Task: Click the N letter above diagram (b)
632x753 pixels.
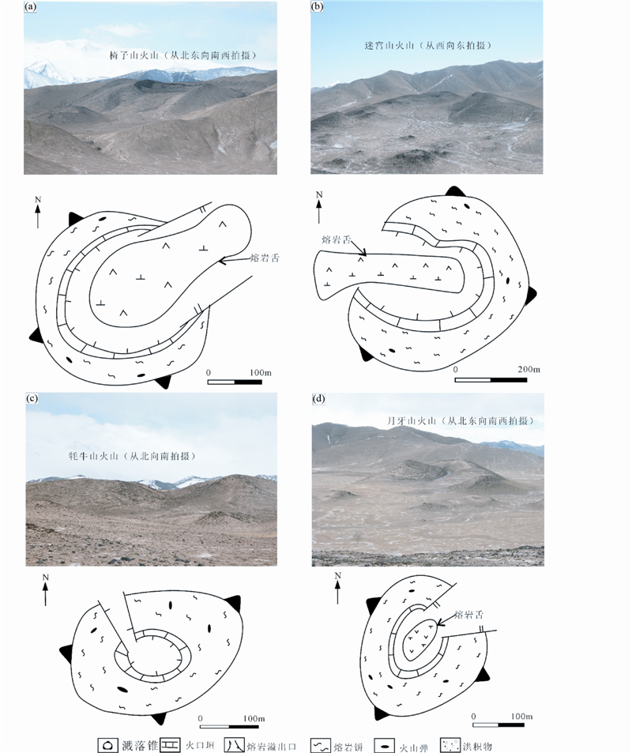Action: (319, 194)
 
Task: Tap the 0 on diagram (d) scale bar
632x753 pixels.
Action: (473, 715)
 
